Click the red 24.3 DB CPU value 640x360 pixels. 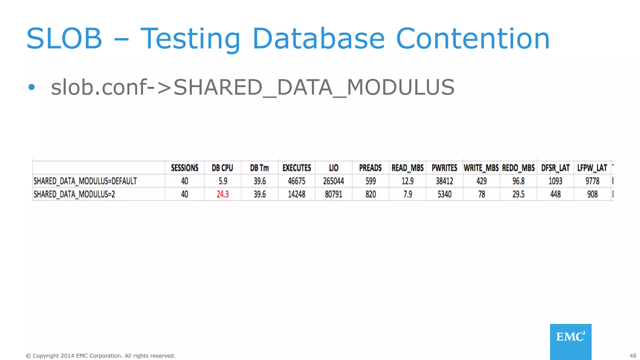tap(222, 194)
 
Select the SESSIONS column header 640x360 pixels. tap(184, 168)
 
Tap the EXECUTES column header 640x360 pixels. tap(297, 168)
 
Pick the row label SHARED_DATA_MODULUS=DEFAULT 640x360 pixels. tap(85, 181)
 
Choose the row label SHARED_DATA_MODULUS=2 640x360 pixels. tap(74, 194)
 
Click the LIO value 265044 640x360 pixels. tap(333, 181)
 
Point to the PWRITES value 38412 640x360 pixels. tap(444, 181)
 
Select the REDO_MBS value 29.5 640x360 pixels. tap(518, 194)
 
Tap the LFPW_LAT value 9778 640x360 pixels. tap(592, 181)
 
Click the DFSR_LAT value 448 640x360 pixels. tap(555, 194)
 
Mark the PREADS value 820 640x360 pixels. tap(371, 194)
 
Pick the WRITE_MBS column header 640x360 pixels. tap(481, 168)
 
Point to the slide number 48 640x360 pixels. tap(632, 356)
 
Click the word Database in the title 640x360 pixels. tap(318, 39)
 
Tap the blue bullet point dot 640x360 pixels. tap(31, 87)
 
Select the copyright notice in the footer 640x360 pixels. tap(100, 356)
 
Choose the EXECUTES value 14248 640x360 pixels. tap(297, 194)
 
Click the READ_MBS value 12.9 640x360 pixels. tap(407, 181)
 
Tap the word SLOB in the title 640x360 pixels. tap(64, 39)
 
